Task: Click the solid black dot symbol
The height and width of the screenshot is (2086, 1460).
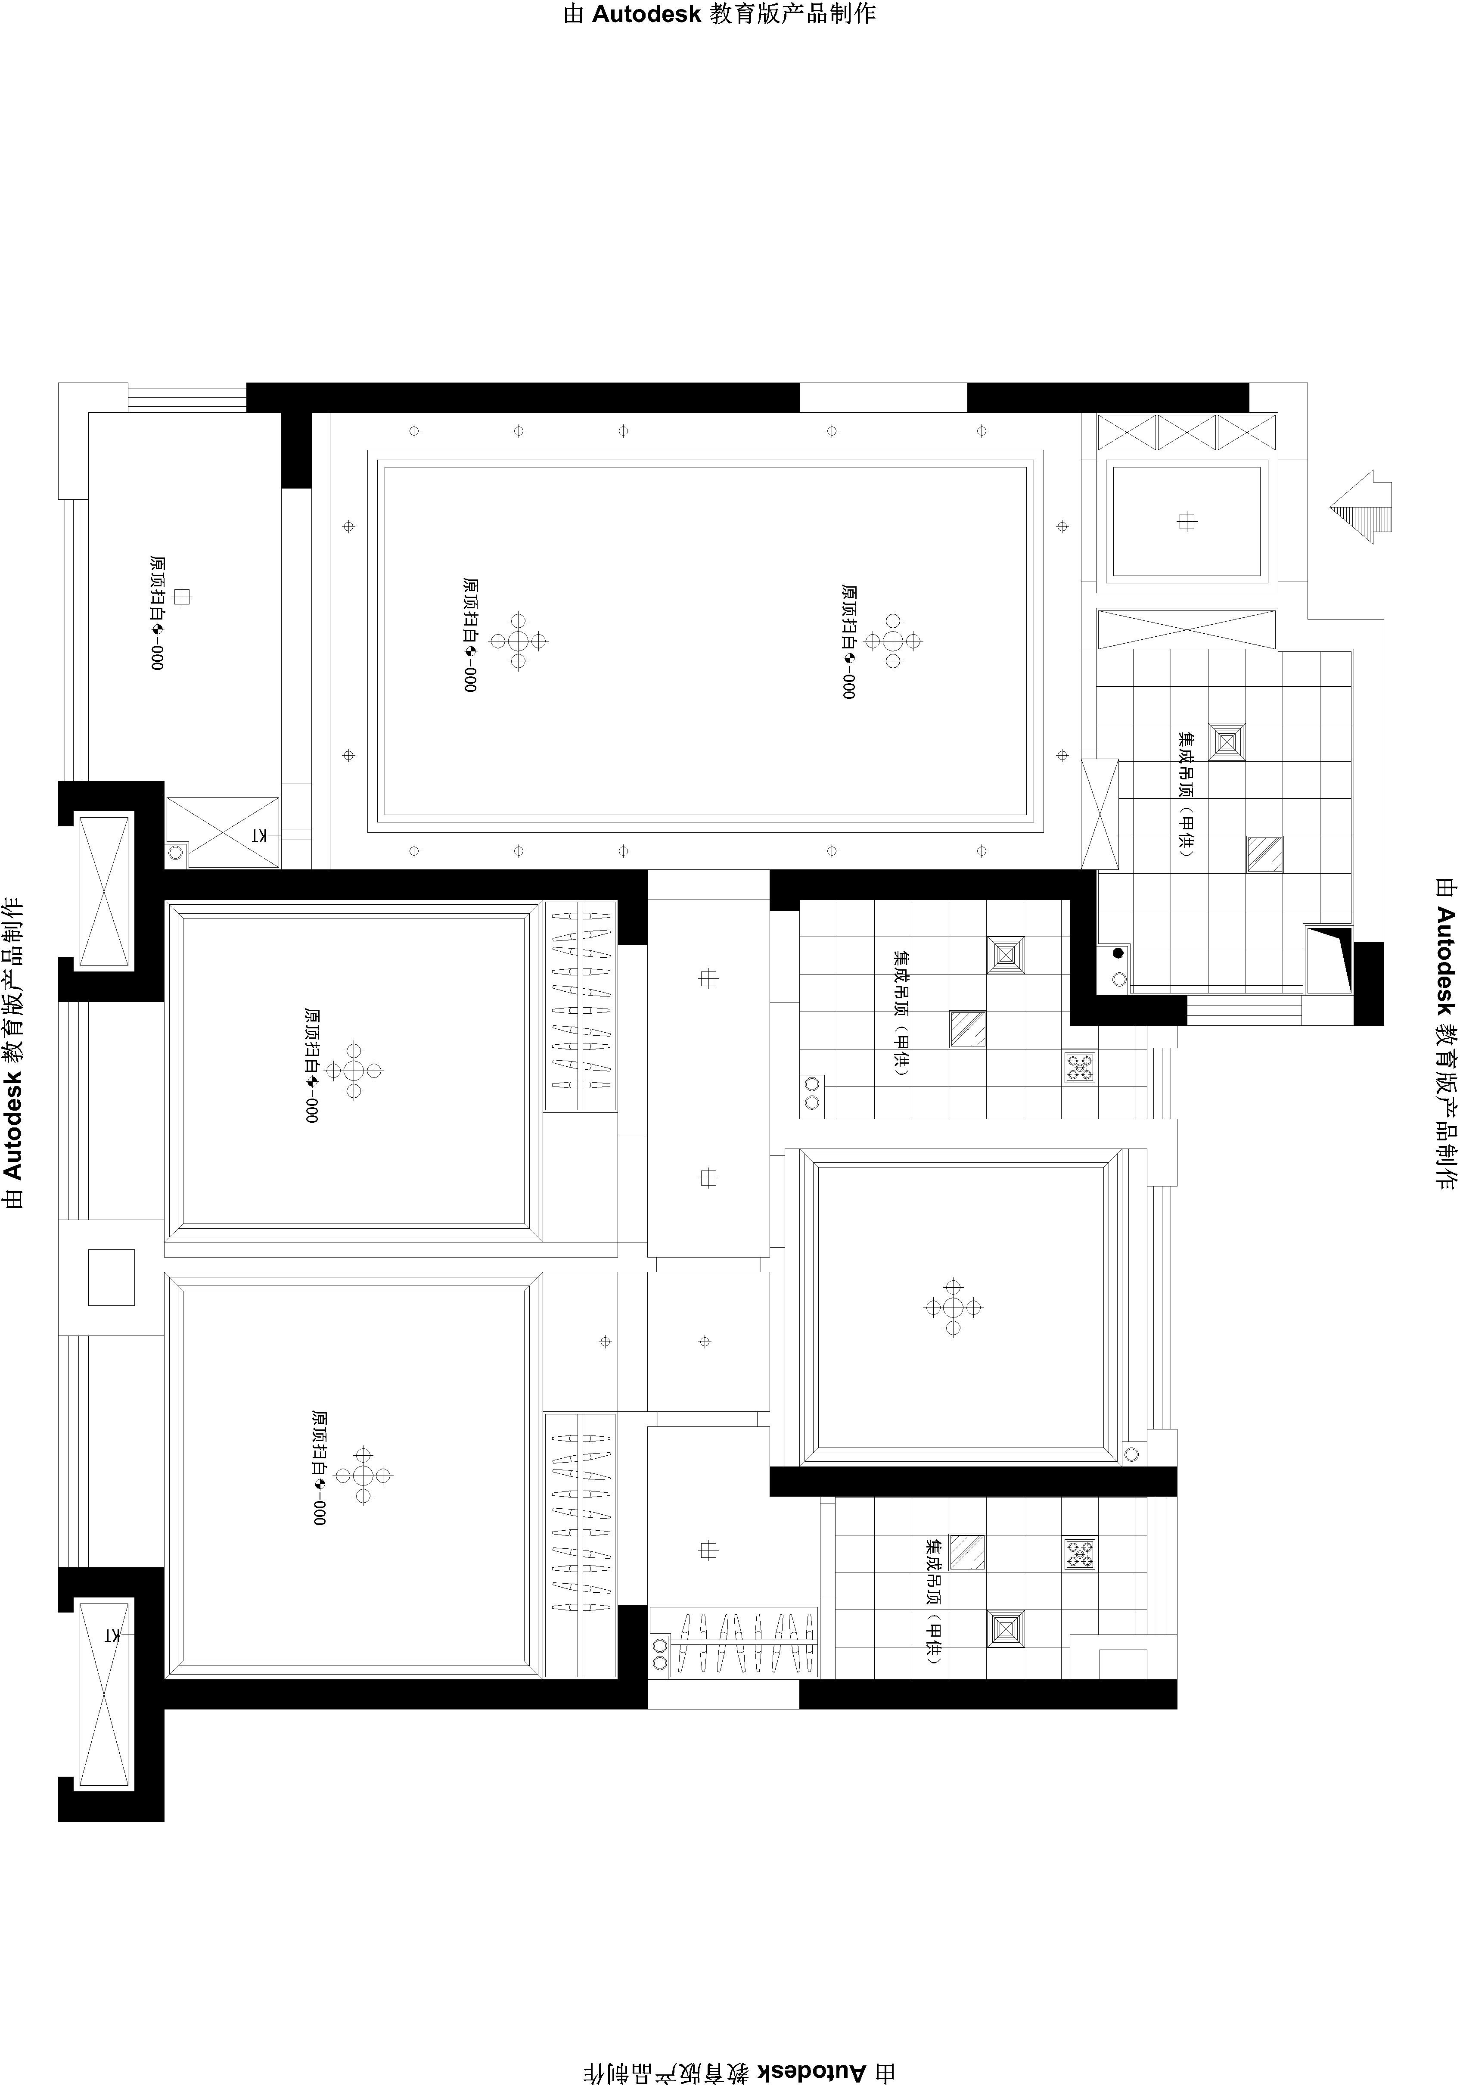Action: pyautogui.click(x=1118, y=953)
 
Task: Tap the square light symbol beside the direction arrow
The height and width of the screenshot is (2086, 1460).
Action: pyautogui.click(x=1187, y=521)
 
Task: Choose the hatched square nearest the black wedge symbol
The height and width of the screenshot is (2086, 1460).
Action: pyautogui.click(x=1264, y=855)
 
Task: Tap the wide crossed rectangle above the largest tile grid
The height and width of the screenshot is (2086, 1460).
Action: pyautogui.click(x=1187, y=629)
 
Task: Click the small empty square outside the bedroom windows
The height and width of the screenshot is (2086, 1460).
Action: pyautogui.click(x=111, y=1277)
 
